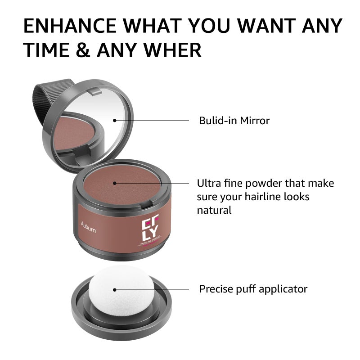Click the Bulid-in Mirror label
(234, 121)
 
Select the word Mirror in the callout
(255, 121)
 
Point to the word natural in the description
(214, 210)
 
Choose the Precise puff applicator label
(253, 289)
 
